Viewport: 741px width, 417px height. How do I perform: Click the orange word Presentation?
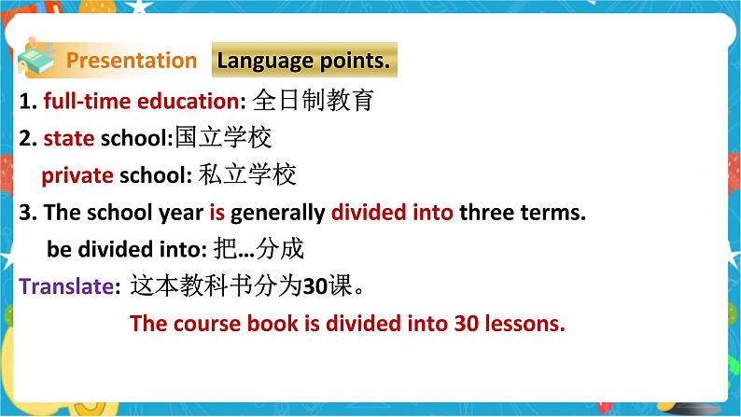click(132, 61)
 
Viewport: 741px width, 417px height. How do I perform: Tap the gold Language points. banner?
click(304, 60)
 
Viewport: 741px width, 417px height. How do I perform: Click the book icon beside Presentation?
click(35, 58)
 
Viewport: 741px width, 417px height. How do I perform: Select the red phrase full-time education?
click(141, 101)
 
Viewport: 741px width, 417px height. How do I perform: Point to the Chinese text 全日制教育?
click(313, 100)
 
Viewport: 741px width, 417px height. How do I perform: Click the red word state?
click(69, 138)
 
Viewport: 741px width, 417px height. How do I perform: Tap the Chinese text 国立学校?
click(224, 137)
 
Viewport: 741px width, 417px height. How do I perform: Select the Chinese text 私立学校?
click(247, 174)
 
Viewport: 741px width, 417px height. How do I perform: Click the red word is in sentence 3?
click(217, 212)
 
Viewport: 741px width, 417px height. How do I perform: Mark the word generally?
click(278, 213)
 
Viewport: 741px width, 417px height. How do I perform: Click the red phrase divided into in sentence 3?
click(392, 212)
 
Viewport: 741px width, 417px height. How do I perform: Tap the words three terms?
click(523, 212)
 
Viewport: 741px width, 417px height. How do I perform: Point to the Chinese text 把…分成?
click(259, 248)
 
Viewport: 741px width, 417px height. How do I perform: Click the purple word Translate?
click(66, 286)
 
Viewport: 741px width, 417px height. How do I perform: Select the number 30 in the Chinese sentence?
click(315, 286)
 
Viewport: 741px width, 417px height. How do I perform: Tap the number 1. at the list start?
click(28, 101)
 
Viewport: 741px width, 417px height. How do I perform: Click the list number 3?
click(28, 212)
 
